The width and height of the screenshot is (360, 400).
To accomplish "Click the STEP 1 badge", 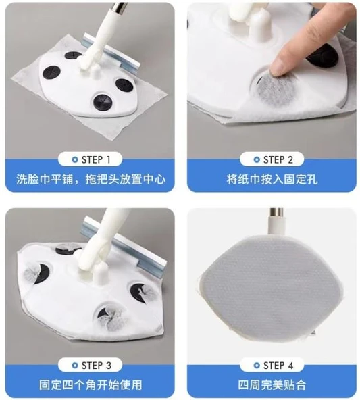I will click(90, 159).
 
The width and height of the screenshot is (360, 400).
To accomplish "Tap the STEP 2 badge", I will click(272, 159).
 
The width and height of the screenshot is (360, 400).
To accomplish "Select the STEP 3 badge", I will click(90, 366).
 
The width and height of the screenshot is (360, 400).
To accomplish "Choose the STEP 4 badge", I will click(272, 366).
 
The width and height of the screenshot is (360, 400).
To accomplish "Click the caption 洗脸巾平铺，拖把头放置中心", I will click(91, 180).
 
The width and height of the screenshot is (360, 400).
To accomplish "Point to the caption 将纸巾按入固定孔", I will click(272, 180).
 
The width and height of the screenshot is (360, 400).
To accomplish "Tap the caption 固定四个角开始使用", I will click(90, 385).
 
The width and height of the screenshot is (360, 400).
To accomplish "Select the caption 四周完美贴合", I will click(272, 385).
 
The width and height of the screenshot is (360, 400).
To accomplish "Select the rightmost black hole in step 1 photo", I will click(123, 85).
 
